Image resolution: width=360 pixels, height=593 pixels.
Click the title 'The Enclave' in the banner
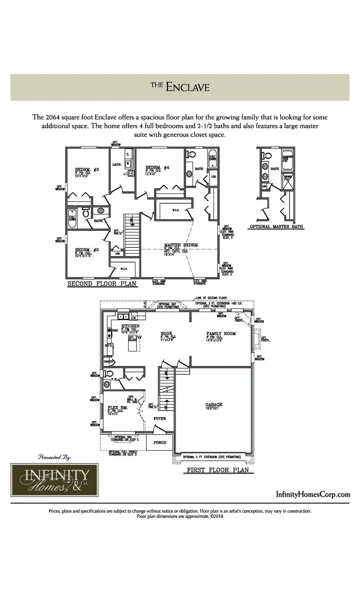click(180, 87)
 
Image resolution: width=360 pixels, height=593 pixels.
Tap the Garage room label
click(214, 405)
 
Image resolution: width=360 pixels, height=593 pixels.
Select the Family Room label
click(221, 333)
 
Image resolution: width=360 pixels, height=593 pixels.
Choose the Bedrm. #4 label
click(157, 168)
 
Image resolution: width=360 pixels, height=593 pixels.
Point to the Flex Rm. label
click(118, 408)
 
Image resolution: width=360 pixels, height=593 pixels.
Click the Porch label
click(160, 442)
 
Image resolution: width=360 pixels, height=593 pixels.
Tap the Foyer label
click(160, 419)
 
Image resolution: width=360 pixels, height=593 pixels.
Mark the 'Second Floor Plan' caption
click(102, 284)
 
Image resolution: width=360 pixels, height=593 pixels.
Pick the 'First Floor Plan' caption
click(218, 470)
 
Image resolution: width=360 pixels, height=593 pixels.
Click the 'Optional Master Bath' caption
click(276, 227)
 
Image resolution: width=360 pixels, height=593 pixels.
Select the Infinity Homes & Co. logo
click(50, 479)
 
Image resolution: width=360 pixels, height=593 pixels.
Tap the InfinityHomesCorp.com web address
click(313, 494)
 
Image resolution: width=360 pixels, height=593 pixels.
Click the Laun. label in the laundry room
click(117, 164)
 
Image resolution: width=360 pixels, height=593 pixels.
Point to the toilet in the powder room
click(108, 373)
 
